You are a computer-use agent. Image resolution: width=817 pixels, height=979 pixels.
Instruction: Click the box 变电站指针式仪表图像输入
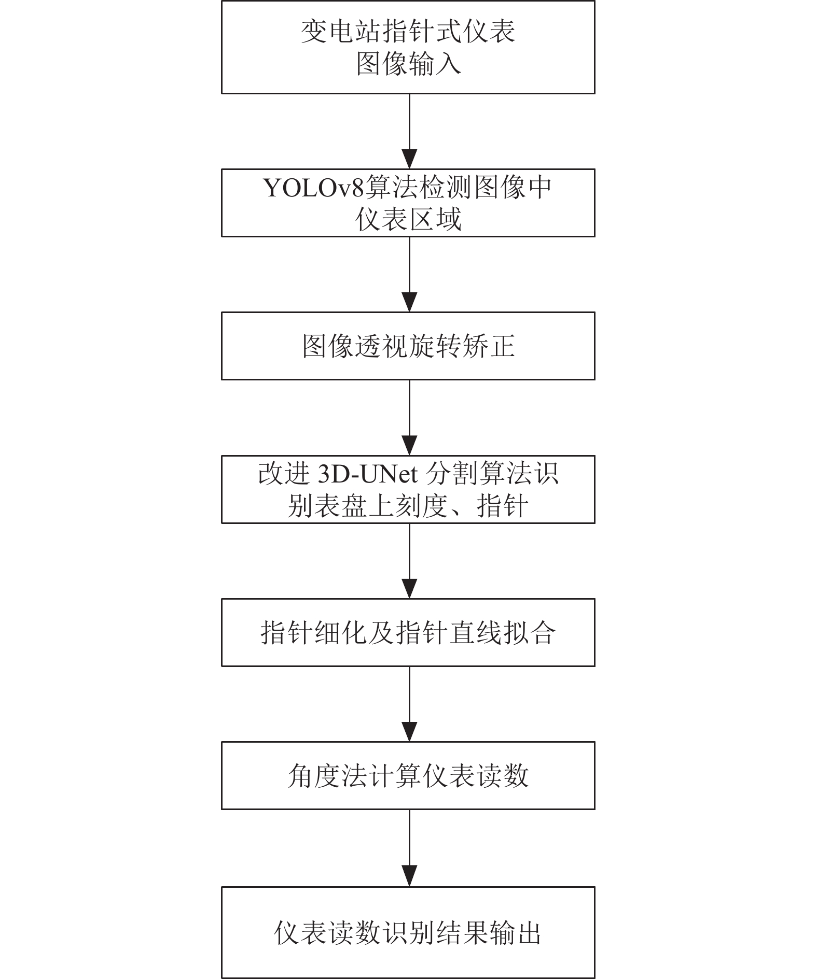[x=408, y=47]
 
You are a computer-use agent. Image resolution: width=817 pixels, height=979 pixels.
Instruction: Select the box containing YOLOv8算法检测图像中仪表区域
[x=408, y=203]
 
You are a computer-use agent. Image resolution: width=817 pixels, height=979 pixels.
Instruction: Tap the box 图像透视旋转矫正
[x=408, y=346]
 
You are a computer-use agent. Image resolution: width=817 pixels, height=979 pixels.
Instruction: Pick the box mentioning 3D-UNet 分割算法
[x=408, y=489]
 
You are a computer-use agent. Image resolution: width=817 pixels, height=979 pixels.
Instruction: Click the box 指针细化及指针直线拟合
[x=408, y=632]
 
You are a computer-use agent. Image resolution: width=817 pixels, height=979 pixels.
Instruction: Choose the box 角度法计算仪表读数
[x=408, y=775]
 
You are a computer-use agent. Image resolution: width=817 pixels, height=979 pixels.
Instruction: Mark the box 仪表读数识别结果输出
[x=408, y=932]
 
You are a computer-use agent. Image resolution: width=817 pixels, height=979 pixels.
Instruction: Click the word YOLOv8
[x=314, y=188]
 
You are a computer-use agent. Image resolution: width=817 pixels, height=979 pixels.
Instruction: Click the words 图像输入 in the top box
[x=409, y=65]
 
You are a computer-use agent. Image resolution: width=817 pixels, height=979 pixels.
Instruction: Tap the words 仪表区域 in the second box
[x=409, y=220]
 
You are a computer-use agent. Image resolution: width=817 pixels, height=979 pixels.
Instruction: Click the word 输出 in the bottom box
[x=516, y=933]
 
